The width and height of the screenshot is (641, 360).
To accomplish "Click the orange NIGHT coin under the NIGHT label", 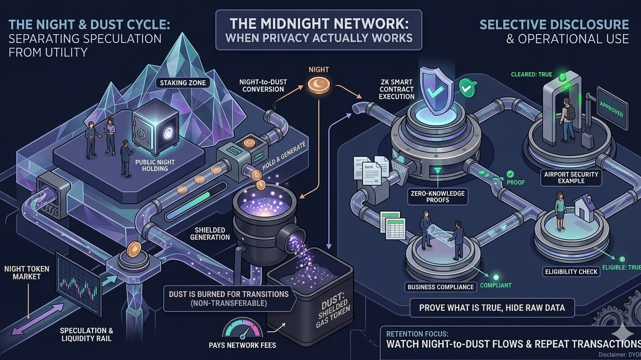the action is (x=319, y=85).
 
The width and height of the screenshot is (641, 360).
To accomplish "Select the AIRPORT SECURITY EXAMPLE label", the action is (x=571, y=177).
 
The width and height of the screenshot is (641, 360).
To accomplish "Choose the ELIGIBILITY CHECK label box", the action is (x=571, y=271).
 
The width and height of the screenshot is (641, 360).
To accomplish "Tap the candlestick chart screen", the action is (x=78, y=284).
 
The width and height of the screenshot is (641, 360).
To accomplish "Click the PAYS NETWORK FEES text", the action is (x=242, y=345).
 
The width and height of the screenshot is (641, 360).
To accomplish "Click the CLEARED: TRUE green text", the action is (x=531, y=75).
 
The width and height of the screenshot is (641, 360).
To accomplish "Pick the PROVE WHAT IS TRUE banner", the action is (x=491, y=308).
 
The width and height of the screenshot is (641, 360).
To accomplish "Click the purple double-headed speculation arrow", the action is (x=37, y=319).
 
